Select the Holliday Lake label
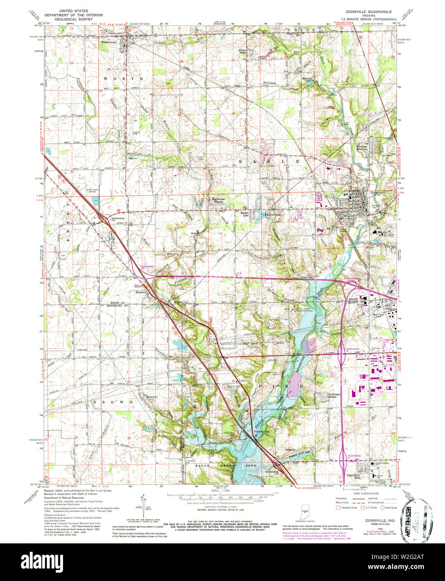(307, 79)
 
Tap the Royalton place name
(140, 292)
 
